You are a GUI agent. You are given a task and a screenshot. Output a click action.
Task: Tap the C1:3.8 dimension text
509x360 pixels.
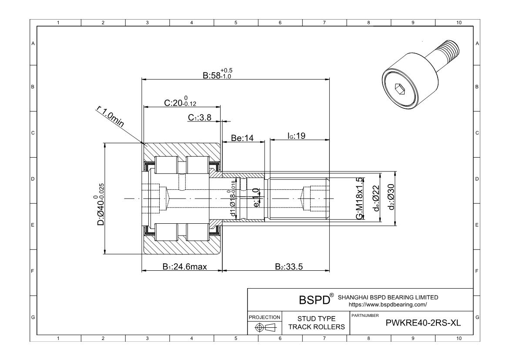(200, 118)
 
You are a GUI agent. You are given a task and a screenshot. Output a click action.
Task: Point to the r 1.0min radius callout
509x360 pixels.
(110, 117)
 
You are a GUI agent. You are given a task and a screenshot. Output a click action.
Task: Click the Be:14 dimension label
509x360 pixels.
(242, 138)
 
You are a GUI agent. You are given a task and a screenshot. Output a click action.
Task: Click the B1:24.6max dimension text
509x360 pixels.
(184, 266)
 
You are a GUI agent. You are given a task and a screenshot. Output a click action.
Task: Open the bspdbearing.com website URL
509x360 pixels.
(388, 305)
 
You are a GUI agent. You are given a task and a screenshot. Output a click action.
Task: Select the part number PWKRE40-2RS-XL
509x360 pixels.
(417, 323)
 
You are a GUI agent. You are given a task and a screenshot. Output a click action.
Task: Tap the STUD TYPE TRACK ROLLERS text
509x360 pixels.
(316, 323)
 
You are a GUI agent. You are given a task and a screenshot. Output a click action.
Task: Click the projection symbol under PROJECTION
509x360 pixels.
(265, 328)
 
